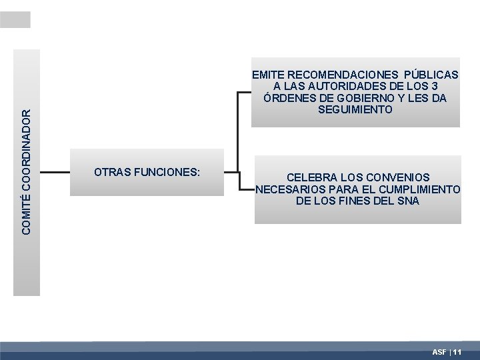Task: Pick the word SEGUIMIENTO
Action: pos(355,109)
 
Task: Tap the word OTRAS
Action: pos(113,172)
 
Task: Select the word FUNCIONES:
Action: pos(167,172)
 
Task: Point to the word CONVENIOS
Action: pos(396,177)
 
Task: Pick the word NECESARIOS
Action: pos(288,189)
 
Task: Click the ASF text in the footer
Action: pos(439,351)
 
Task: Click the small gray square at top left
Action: pos(15,20)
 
